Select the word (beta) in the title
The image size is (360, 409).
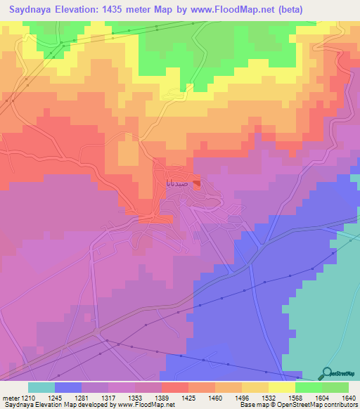coord(330,10)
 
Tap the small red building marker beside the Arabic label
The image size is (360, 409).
coord(198,184)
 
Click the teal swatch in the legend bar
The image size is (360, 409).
coord(41,387)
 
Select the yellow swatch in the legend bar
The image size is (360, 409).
coord(281,387)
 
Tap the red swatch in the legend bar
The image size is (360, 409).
coord(174,387)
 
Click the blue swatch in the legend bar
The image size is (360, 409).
coord(67,387)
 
